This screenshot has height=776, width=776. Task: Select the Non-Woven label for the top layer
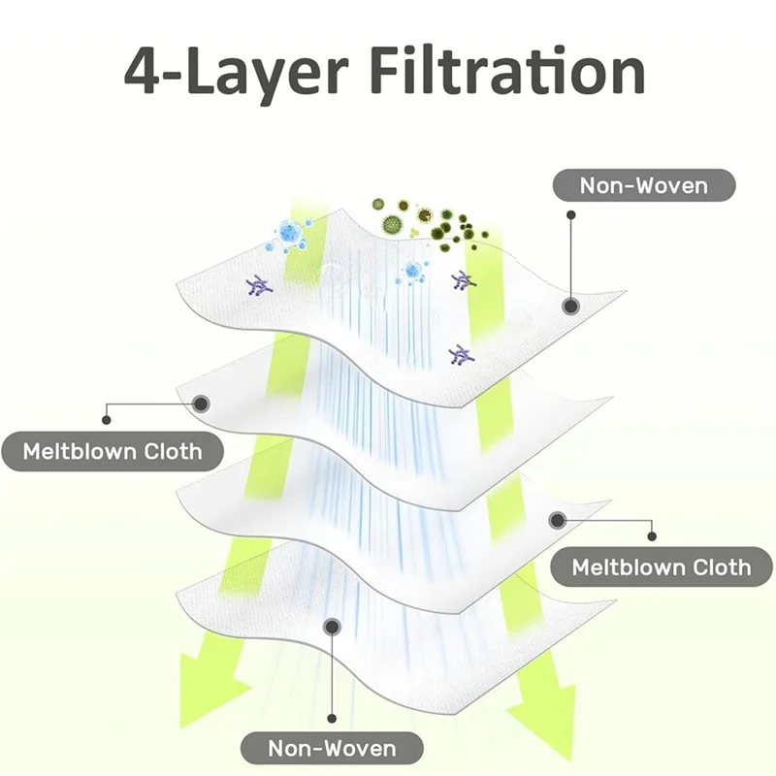644,184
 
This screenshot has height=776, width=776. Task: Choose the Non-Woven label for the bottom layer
332,748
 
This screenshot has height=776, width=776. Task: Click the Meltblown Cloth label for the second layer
113,451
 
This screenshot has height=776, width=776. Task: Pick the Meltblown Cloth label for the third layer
662,566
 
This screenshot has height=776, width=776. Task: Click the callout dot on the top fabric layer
571,307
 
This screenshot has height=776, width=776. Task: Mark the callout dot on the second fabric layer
203,403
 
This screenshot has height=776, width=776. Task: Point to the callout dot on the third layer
557,520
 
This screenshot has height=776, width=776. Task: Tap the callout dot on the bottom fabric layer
332,627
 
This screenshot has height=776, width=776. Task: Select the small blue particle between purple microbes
412,272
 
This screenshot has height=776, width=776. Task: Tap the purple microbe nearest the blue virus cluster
259,284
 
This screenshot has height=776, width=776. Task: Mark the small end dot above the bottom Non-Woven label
332,718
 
